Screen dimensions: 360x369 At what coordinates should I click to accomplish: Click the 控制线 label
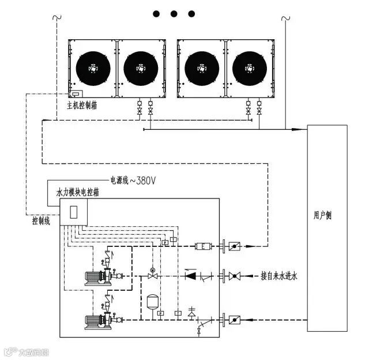pos(42,220)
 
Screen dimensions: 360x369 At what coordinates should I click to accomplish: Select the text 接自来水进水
pos(278,277)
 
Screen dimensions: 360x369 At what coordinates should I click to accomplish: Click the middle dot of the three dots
pos(174,13)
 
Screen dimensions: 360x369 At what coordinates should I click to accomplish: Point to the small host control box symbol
pos(76,93)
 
